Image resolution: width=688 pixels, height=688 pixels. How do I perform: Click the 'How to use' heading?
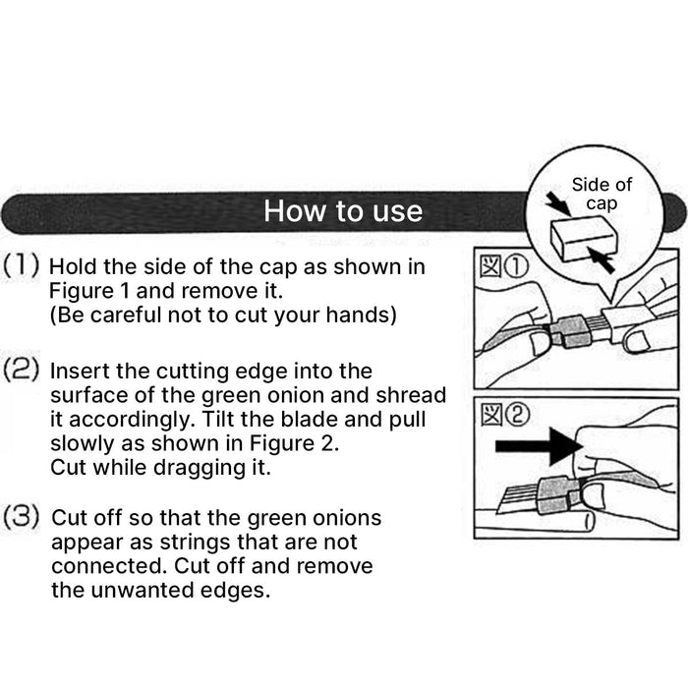(343, 211)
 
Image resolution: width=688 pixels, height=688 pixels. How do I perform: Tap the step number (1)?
(21, 265)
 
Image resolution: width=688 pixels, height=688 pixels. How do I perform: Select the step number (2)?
(21, 370)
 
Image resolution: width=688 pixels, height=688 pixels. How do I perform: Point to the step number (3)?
(21, 516)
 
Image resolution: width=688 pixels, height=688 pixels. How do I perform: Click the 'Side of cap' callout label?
(602, 194)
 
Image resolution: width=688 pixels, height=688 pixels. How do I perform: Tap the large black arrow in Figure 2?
(539, 446)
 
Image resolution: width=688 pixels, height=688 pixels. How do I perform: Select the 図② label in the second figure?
(505, 416)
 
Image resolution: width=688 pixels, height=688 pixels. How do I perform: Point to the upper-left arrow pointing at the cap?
(558, 203)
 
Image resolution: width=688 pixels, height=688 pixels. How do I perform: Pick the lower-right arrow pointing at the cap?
(601, 259)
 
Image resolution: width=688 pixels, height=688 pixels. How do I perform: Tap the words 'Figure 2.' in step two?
(295, 443)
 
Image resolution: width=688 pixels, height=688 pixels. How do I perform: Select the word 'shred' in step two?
(411, 395)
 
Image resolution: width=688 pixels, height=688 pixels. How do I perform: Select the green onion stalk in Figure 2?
(535, 521)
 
